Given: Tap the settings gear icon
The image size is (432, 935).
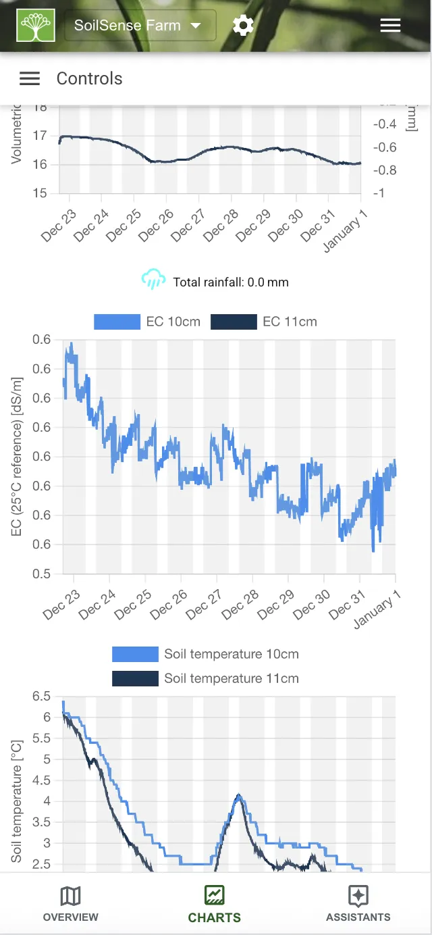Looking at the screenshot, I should click(x=243, y=26).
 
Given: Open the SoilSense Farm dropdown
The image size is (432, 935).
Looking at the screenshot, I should click(x=140, y=26).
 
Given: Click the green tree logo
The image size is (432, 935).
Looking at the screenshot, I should click(x=36, y=26).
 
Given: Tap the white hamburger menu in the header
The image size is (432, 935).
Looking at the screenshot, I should click(x=390, y=26).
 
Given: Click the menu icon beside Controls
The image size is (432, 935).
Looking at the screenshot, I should click(x=30, y=78).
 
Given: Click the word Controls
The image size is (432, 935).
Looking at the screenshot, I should click(x=89, y=78).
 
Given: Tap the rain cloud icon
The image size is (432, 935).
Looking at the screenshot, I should click(x=153, y=280).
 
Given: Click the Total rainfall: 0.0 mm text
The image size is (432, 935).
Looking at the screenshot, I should click(x=231, y=282).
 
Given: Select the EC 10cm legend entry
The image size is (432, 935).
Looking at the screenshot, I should click(x=147, y=322).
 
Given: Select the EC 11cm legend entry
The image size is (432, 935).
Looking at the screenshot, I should click(x=264, y=322).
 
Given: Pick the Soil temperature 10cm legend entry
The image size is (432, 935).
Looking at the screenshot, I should click(x=205, y=654).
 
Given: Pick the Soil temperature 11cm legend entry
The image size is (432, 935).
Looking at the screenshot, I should click(x=205, y=678).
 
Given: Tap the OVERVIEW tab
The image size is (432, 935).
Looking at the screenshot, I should click(x=70, y=904).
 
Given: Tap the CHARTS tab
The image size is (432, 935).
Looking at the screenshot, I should click(x=214, y=904).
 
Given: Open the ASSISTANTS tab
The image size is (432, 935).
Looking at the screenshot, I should click(x=358, y=904).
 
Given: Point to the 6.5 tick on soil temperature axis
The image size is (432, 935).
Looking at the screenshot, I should click(x=42, y=696).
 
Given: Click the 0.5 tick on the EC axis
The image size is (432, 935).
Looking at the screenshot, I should click(x=42, y=574).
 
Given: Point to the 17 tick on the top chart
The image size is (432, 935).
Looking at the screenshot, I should click(x=40, y=136).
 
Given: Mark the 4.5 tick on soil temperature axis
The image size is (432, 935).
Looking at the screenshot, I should click(x=42, y=780).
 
